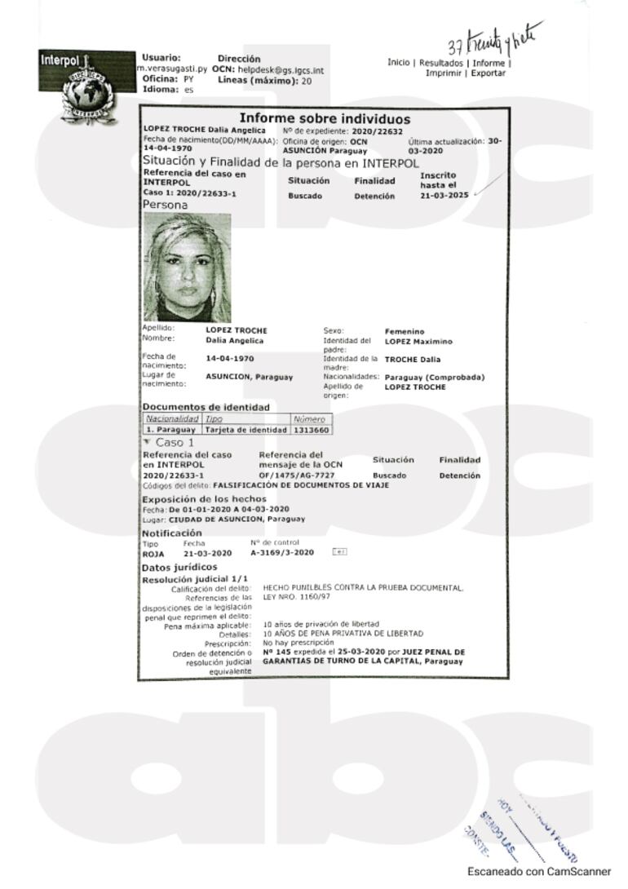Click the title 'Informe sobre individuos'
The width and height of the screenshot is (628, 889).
324,119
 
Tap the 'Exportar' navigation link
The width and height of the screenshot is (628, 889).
488,73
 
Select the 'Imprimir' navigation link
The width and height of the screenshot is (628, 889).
444,73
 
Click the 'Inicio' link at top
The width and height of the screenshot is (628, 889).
399,63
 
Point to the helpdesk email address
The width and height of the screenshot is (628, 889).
281,70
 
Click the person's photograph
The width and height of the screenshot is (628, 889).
187,268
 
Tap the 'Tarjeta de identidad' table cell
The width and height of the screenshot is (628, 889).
245,429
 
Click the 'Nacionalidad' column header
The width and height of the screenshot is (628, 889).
171,418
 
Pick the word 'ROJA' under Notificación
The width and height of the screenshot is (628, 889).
153,553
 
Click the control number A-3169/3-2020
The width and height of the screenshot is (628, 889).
282,553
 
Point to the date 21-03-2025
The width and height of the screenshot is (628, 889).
444,196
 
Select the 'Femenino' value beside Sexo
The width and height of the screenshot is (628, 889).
405,331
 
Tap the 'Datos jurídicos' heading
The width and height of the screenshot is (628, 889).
179,567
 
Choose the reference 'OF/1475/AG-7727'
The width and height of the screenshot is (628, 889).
297,475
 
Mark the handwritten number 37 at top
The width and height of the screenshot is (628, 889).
457,46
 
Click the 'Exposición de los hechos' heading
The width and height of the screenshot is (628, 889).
204,498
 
